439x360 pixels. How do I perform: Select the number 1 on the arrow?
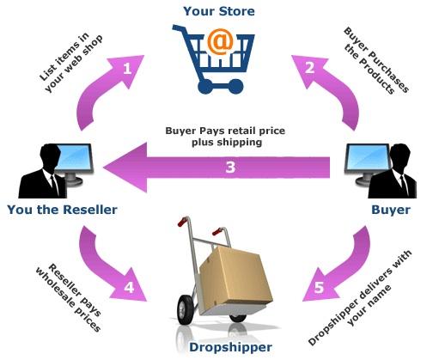pos(127,69)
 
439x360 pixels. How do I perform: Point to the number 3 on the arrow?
pos(229,167)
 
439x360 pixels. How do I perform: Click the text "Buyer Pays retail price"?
pos(224,132)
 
